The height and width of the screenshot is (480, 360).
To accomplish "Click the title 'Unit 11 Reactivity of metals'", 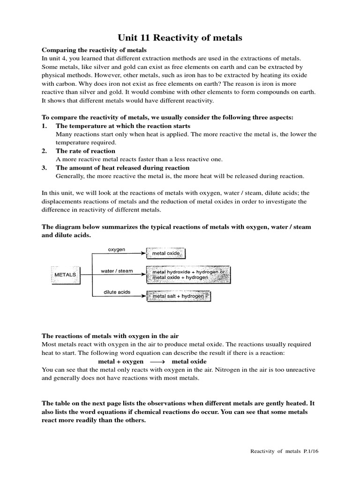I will [180, 38].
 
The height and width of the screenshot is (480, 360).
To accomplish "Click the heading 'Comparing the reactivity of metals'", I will [94, 50].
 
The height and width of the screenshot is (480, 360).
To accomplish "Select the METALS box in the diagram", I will [65, 275].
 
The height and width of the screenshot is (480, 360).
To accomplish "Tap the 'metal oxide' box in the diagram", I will [166, 254].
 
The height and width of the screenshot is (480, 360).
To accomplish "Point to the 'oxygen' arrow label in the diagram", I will [117, 250].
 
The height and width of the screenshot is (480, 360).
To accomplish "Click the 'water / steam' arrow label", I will [117, 271].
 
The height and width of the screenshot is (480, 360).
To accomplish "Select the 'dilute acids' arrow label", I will [117, 292].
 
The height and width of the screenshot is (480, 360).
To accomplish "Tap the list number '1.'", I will [45, 126].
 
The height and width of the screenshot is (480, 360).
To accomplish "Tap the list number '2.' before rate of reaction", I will [45, 151].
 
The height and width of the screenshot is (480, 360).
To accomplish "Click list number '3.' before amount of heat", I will [45, 168].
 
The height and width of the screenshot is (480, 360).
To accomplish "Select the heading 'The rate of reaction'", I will [85, 151].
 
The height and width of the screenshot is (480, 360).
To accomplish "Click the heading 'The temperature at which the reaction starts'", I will [123, 126].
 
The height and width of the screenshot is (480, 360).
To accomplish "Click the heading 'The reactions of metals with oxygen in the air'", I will [111, 336].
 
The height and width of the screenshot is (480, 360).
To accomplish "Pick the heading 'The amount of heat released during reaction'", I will [122, 168].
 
